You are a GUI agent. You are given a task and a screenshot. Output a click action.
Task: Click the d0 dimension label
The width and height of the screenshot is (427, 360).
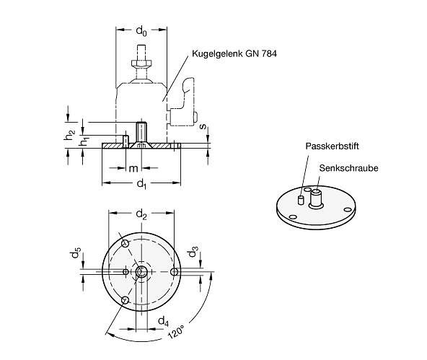click(x=141, y=31)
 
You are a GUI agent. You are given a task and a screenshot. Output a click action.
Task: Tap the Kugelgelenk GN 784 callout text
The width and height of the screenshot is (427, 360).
click(x=234, y=53)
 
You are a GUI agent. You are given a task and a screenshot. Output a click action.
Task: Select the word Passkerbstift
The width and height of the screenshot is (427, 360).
click(x=332, y=146)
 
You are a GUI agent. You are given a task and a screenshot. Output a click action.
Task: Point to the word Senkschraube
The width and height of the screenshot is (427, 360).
click(x=348, y=168)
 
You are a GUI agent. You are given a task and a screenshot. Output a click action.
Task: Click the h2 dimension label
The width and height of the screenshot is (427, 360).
click(x=69, y=135)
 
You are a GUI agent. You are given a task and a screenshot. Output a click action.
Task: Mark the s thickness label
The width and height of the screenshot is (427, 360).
click(x=203, y=127)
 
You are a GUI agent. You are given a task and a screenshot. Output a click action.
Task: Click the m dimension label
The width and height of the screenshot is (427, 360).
click(x=133, y=169)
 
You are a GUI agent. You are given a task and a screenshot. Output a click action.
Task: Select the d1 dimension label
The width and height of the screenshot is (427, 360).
click(x=141, y=183)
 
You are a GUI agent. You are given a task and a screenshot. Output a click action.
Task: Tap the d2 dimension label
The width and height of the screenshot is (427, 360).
click(x=141, y=214)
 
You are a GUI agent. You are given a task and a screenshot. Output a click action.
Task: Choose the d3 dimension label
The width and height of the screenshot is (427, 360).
click(x=193, y=252)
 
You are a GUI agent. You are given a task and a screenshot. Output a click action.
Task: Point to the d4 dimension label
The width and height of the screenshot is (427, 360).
click(x=164, y=321)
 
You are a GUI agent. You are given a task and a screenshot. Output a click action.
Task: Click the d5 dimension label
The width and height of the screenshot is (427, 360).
click(x=75, y=253)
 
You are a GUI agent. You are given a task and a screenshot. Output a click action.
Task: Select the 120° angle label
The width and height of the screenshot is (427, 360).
click(x=175, y=331)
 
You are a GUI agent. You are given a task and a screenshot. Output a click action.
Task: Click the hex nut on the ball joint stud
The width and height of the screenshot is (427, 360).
click(x=141, y=63)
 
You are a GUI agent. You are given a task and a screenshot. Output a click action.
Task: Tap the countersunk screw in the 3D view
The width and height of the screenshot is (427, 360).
click(x=316, y=199)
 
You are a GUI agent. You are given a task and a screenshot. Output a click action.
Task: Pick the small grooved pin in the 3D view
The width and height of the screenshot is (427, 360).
click(x=301, y=200)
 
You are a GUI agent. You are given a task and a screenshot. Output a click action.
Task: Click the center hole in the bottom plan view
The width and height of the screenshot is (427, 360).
click(x=141, y=271)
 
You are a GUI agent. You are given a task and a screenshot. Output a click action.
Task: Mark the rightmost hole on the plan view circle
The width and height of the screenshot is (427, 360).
click(x=174, y=271)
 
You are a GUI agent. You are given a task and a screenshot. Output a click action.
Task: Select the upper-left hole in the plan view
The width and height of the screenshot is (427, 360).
click(x=126, y=243)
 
